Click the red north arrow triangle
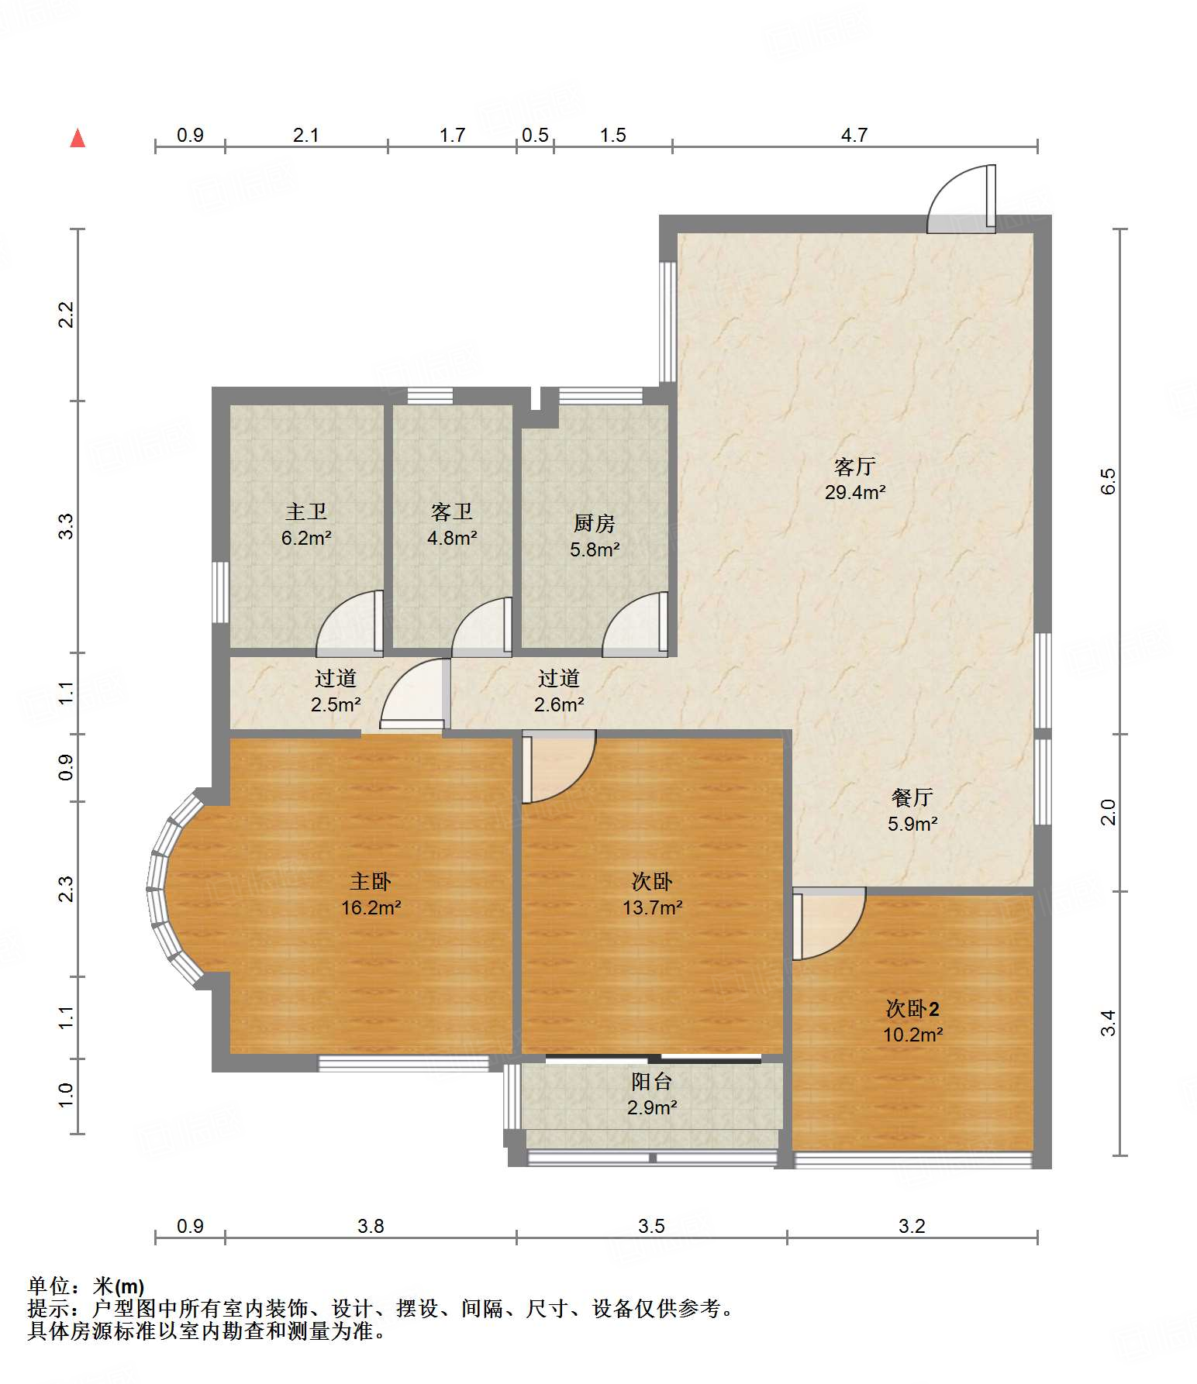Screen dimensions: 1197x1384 (x=78, y=138)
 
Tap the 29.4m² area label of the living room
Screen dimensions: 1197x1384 (x=855, y=492)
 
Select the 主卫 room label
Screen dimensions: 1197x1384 (x=306, y=511)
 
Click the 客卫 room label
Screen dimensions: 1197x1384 (x=452, y=511)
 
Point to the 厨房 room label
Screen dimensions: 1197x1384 (x=595, y=523)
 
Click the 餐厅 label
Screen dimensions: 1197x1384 (x=912, y=797)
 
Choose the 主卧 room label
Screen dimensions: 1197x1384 (x=371, y=881)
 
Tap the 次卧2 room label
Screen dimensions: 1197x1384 (x=912, y=1008)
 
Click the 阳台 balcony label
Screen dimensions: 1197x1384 (x=652, y=1081)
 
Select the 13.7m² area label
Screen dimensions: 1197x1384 (x=652, y=907)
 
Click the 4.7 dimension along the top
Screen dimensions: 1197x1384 (x=854, y=135)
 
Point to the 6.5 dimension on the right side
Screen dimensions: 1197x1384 (x=1109, y=481)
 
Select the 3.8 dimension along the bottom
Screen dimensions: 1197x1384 (x=371, y=1226)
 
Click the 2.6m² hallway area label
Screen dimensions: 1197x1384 (x=559, y=704)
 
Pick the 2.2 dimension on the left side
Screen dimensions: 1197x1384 (x=67, y=315)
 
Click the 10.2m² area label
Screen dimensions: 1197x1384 (x=912, y=1035)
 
